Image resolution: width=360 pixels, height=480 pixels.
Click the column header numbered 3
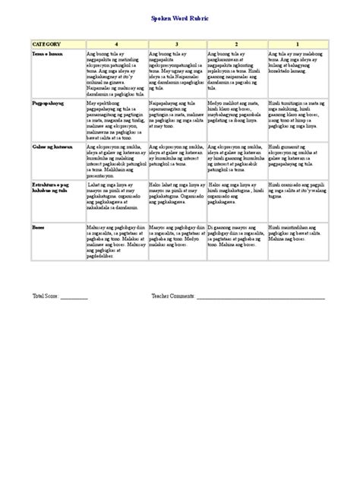(x=177, y=45)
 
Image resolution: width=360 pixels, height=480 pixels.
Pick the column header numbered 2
(x=236, y=45)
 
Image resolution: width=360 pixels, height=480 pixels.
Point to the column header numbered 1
(x=297, y=45)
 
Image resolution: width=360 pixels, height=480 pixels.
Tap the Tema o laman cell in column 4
(x=116, y=73)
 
